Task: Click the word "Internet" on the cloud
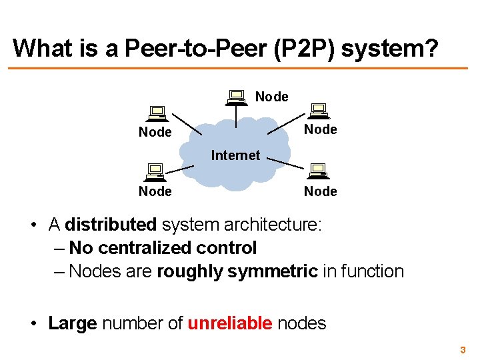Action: click(x=235, y=155)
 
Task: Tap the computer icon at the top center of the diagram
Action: click(x=235, y=98)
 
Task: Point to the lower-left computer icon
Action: click(x=155, y=173)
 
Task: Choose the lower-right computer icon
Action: click(x=317, y=172)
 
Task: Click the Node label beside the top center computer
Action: click(x=272, y=97)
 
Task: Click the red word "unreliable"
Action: click(x=230, y=324)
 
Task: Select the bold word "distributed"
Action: click(x=111, y=225)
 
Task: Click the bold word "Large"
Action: click(x=73, y=324)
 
